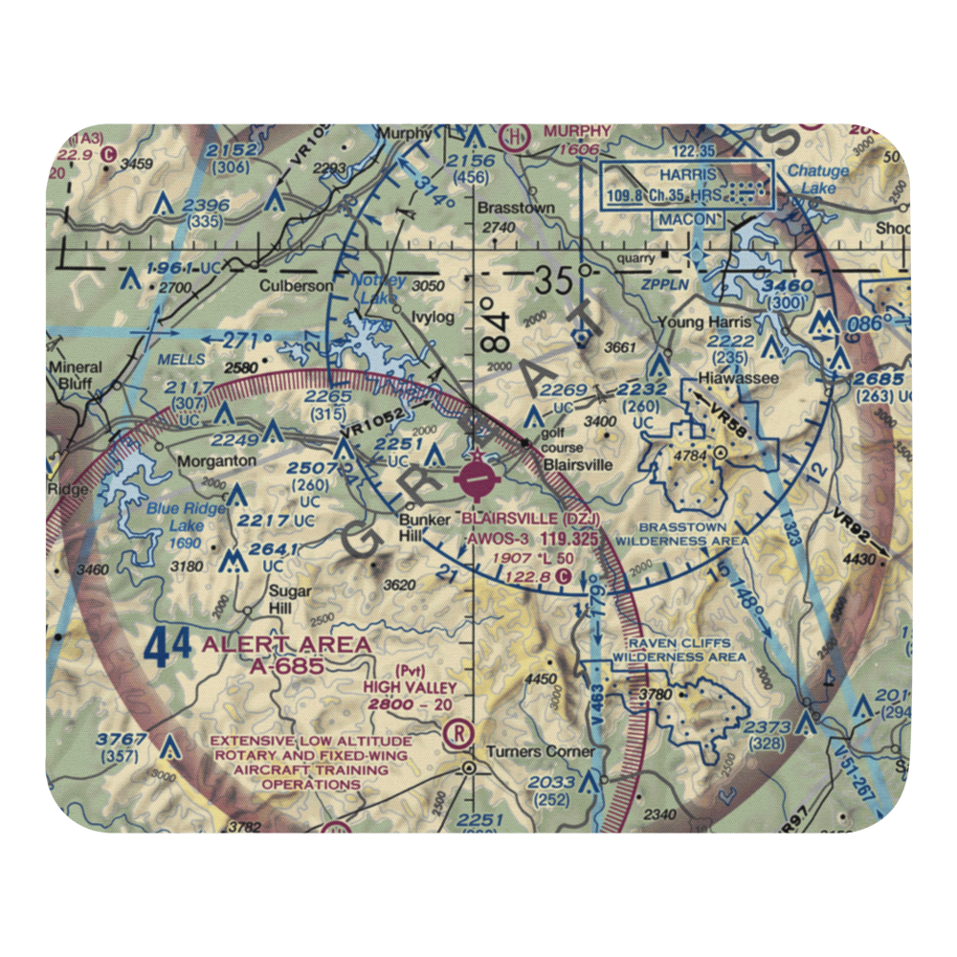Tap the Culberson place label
click(297, 285)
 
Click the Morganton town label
click(216, 460)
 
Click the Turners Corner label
click(541, 751)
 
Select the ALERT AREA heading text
click(285, 645)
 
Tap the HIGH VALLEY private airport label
click(409, 686)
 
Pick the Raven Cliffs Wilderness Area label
click(679, 650)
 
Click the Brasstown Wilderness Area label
click(682, 533)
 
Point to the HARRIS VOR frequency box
click(686, 187)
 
